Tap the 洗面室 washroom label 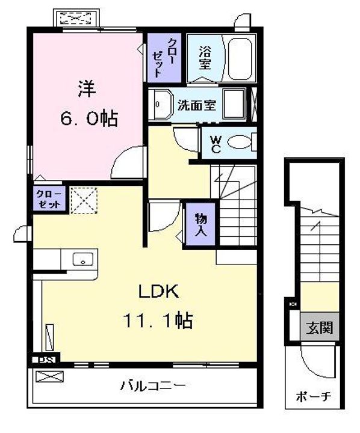pos(196,104)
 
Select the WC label pos(215,144)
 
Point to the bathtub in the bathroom pos(241,58)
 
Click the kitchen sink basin pos(82,260)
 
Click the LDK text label pos(158,293)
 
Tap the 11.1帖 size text pos(158,321)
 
